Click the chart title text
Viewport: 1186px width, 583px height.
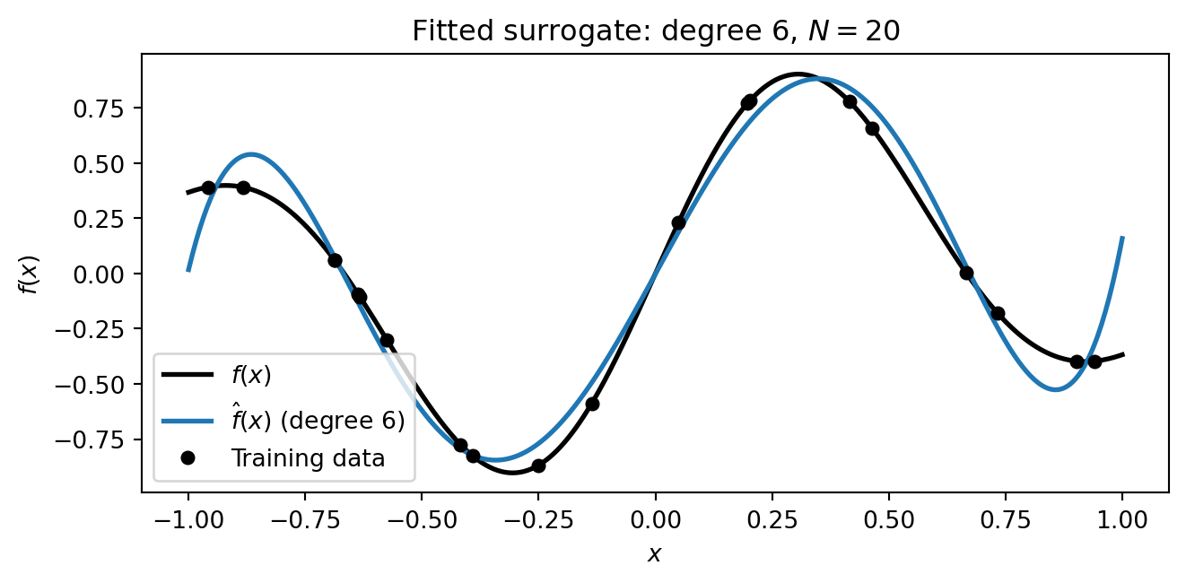point(655,31)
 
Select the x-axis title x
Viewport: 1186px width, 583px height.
point(655,554)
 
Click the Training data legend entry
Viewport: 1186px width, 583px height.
point(308,458)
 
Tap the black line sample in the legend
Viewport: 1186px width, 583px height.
point(187,376)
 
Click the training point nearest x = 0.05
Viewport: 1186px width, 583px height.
point(678,222)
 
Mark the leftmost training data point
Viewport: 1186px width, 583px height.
point(208,187)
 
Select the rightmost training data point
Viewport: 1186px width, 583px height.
point(1094,361)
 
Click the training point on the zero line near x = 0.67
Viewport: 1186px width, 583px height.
point(966,273)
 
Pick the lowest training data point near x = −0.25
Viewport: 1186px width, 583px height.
point(538,466)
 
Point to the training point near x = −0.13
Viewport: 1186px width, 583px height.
point(592,404)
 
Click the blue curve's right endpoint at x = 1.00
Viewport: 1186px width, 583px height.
point(1122,238)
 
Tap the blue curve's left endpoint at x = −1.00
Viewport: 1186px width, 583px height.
point(188,269)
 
